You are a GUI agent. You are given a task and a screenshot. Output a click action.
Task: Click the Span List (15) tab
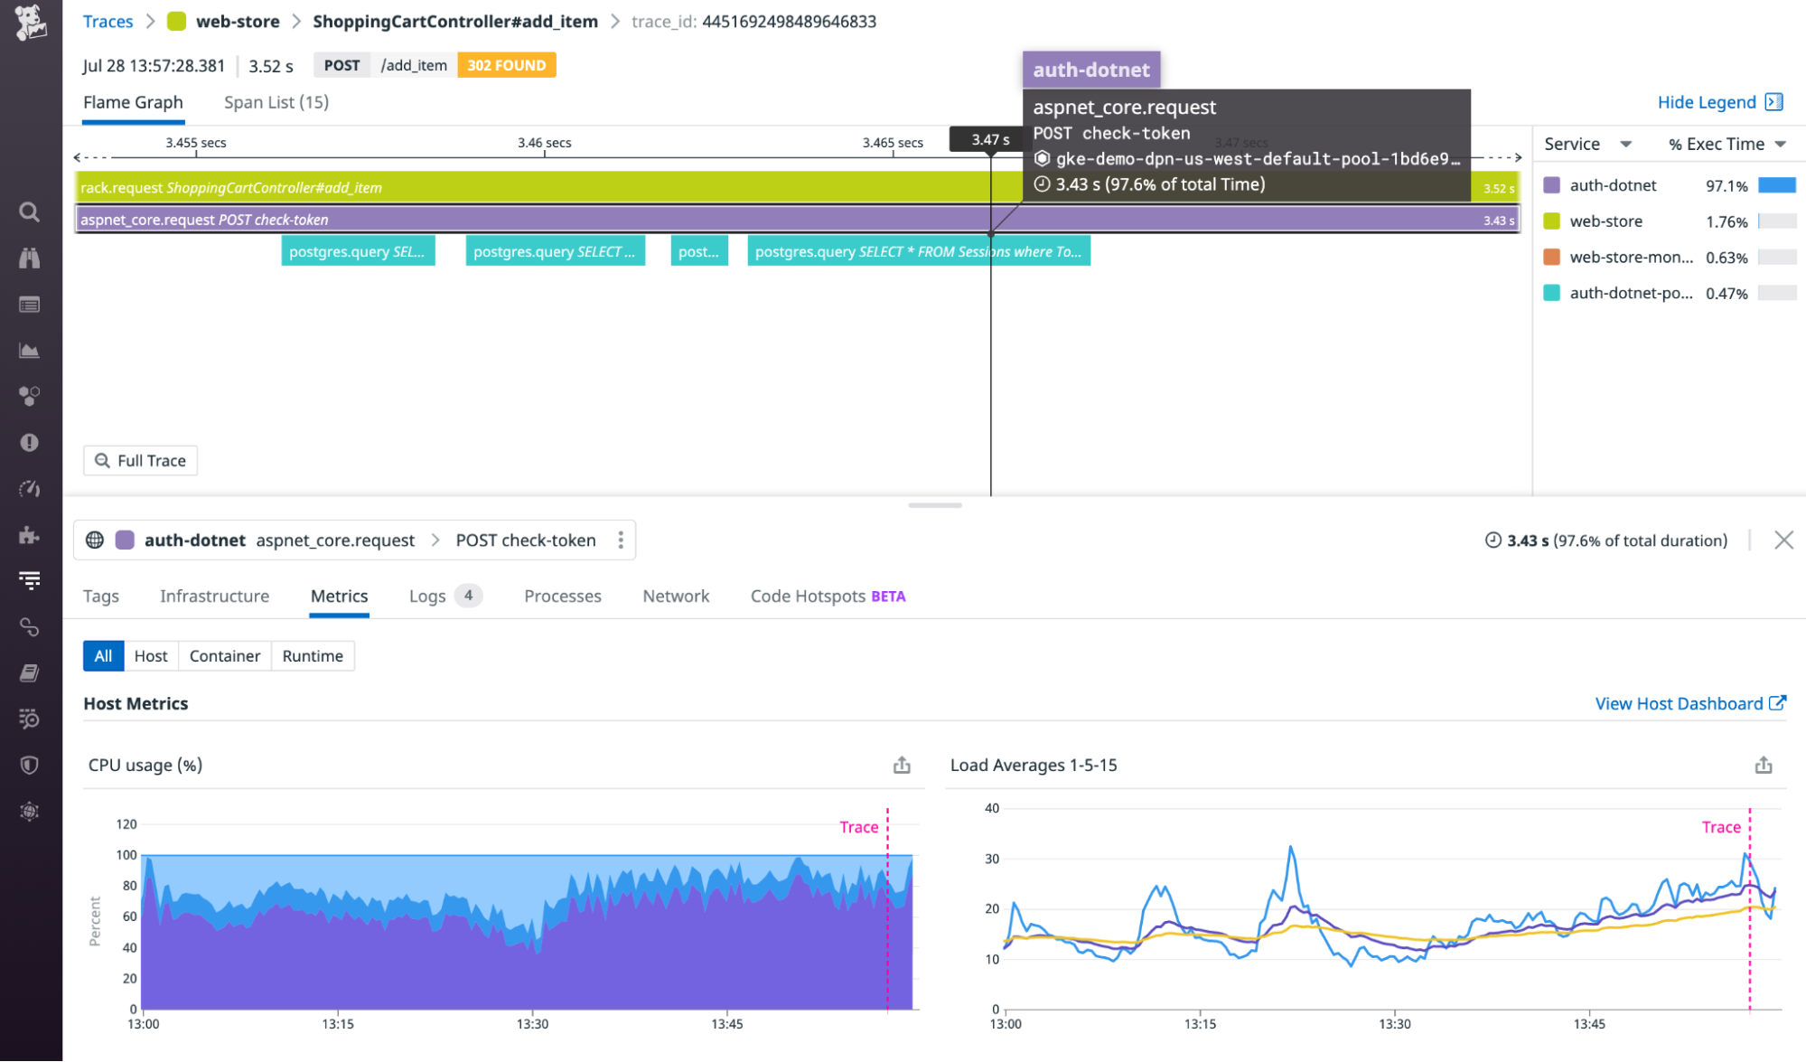click(276, 102)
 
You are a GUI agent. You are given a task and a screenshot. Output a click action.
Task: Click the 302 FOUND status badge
click(506, 65)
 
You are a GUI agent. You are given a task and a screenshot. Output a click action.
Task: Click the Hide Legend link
click(1706, 102)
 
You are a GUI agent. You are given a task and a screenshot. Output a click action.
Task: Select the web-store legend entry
click(1605, 221)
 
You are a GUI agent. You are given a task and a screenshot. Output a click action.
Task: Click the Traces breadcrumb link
click(108, 22)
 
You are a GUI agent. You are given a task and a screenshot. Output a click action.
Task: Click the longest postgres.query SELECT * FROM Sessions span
click(918, 251)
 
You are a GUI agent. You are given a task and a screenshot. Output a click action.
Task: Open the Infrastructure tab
click(214, 597)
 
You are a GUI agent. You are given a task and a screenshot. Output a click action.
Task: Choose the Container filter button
click(224, 656)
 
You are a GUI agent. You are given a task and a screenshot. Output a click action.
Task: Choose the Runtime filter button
click(313, 656)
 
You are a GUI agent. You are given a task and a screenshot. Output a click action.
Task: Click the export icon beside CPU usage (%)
click(902, 766)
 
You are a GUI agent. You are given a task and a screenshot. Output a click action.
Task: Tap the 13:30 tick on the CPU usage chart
click(532, 1024)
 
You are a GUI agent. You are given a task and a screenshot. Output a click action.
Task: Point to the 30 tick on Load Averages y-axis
click(992, 859)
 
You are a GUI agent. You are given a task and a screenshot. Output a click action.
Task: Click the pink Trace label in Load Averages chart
click(1720, 827)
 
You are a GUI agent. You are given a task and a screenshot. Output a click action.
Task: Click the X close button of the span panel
click(1783, 540)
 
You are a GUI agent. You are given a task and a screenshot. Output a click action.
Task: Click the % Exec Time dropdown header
click(1726, 144)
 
